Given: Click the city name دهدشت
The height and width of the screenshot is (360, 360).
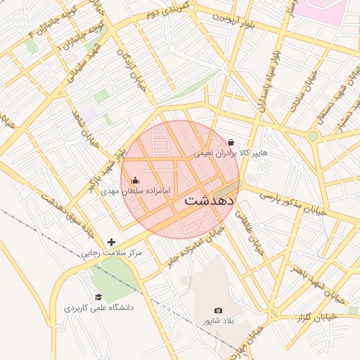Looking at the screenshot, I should pyautogui.click(x=208, y=200).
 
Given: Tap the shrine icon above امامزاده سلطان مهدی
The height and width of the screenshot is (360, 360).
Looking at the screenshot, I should pyautogui.click(x=136, y=181).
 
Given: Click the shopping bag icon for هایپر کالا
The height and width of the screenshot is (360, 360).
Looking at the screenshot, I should pyautogui.click(x=231, y=142).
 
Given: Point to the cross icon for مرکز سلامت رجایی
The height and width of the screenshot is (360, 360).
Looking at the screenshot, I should pyautogui.click(x=111, y=242).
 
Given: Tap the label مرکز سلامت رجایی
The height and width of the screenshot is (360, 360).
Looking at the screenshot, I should pyautogui.click(x=111, y=252).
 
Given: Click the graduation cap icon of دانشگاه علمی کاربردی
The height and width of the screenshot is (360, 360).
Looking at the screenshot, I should pyautogui.click(x=98, y=297).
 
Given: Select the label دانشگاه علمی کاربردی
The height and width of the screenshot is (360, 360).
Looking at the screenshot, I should pyautogui.click(x=98, y=307).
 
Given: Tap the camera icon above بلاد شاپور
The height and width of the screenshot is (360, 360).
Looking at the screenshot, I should pyautogui.click(x=218, y=310).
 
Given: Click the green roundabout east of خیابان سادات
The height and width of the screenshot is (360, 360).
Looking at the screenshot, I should pyautogui.click(x=313, y=136).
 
